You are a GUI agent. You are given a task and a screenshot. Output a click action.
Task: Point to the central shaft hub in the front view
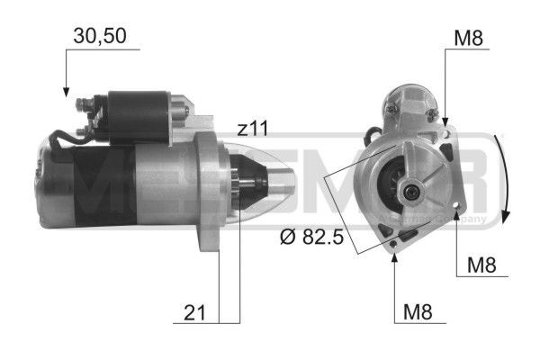[x=411, y=189]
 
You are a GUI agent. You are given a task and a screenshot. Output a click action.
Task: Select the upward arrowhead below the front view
[x=395, y=256]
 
